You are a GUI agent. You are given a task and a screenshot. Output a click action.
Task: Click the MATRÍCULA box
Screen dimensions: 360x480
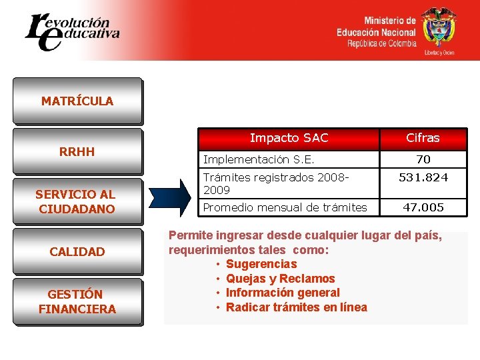point(77,101)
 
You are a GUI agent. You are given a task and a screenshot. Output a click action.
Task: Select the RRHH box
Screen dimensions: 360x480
point(77,151)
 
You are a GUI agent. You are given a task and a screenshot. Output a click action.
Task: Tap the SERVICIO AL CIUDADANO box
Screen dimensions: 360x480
point(77,201)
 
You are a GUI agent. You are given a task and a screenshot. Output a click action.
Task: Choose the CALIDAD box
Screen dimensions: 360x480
point(77,251)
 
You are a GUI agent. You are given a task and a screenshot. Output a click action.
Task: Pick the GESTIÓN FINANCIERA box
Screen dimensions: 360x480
point(77,301)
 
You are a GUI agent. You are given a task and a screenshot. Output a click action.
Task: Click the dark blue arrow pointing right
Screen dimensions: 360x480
point(170,197)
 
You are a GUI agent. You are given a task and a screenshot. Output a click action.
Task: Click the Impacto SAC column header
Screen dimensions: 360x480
point(289,138)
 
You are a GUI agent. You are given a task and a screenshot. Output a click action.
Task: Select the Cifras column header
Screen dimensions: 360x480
point(423,138)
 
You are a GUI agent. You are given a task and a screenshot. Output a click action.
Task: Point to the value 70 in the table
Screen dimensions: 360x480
point(423,159)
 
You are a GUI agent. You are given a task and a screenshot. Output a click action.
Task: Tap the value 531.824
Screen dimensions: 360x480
point(423,177)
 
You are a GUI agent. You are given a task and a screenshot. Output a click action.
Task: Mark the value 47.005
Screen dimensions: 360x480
point(423,207)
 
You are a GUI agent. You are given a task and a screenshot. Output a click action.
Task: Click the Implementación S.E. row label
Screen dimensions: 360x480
point(259,159)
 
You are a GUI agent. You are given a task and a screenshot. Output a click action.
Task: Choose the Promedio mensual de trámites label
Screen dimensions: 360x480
point(285,207)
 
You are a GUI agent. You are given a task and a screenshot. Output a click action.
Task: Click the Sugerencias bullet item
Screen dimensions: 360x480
point(261,264)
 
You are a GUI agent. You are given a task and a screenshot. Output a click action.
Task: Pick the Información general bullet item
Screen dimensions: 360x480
point(283,293)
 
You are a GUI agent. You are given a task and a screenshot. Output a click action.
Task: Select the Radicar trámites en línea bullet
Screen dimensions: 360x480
point(296,307)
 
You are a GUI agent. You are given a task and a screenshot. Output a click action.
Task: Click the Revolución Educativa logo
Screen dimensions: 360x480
point(71,31)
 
